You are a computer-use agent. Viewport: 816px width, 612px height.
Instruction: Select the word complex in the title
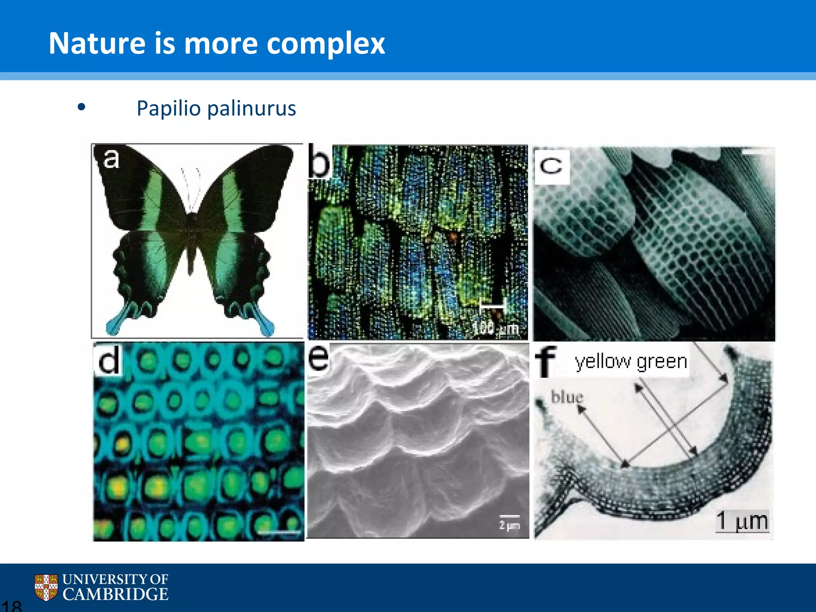coord(326,44)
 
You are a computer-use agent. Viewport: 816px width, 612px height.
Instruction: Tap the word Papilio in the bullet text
coord(169,108)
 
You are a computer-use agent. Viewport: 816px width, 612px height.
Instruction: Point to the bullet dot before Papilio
coord(82,107)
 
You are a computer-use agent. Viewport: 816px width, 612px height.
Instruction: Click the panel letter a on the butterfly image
coord(111,159)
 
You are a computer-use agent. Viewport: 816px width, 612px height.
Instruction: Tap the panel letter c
coord(551,166)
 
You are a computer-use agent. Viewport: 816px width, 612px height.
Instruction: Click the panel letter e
coord(319,357)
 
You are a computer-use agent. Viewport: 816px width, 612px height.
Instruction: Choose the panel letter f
coord(545,361)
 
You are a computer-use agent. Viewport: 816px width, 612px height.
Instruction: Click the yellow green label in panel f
coord(631,362)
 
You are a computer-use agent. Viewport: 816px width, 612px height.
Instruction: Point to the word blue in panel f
coord(567,397)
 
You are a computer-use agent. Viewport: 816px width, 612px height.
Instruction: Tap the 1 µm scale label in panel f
coord(742,521)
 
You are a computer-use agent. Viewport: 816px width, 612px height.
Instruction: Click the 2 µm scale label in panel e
coord(510,525)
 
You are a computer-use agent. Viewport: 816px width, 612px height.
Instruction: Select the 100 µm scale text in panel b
coord(495,328)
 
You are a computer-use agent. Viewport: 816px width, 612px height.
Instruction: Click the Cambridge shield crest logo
coord(46,587)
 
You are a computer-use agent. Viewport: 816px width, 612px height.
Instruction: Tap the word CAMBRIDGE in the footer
coord(116,594)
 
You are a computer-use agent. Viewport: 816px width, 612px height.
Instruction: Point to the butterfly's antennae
coord(191,187)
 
